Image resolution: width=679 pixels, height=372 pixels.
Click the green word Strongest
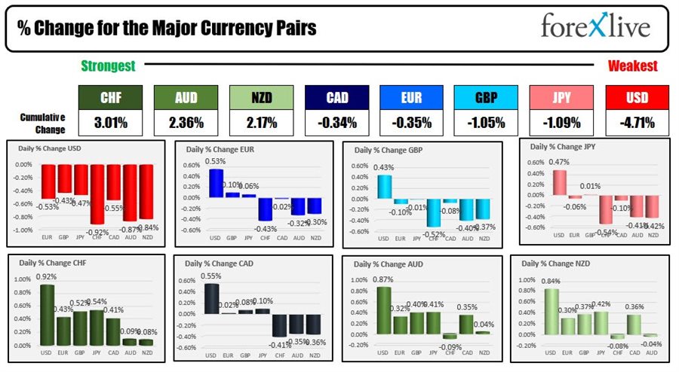tap(108, 66)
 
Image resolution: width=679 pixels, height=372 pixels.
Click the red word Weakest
tap(632, 66)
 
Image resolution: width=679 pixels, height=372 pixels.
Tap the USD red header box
tap(637, 97)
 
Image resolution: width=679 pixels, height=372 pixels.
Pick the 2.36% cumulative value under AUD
tap(186, 123)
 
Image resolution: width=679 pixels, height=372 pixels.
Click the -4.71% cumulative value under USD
tap(637, 123)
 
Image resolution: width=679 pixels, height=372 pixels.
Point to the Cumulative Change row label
tap(42, 123)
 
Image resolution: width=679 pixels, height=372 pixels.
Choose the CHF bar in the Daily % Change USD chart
tap(97, 194)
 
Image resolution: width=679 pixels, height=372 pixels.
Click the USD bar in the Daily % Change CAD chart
tap(213, 298)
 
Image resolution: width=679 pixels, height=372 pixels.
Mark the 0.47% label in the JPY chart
tap(558, 161)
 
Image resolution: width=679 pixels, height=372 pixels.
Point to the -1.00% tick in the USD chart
tap(23, 230)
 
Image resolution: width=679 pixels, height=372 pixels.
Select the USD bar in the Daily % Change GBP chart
tap(383, 187)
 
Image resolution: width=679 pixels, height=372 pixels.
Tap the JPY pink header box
tap(561, 97)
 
